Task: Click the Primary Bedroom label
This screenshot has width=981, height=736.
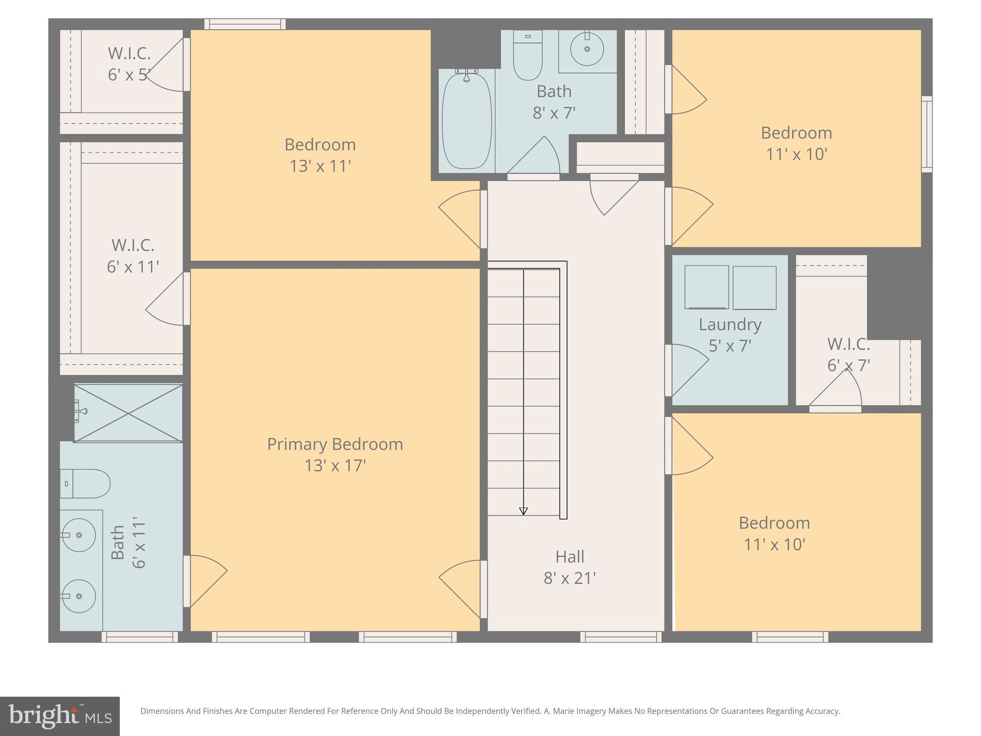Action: point(335,444)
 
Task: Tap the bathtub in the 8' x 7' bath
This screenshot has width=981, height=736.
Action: point(467,121)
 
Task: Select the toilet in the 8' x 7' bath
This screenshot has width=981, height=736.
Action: point(527,56)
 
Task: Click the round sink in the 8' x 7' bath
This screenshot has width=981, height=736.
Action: point(587,49)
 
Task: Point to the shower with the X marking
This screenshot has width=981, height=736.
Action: point(128,413)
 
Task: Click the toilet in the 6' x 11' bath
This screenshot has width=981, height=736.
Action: point(85,483)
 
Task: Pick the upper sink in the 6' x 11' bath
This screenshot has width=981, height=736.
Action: point(80,535)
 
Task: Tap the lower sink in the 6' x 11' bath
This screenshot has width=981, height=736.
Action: point(80,596)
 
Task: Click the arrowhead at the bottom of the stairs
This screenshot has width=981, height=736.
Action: point(524,511)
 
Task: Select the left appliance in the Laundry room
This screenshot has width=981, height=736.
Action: point(707,287)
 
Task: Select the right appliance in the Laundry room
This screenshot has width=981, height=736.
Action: point(754,287)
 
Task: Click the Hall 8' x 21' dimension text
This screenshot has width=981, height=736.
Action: point(570,578)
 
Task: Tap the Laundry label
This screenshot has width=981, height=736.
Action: point(730,324)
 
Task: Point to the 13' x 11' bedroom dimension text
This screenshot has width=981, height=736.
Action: point(320,166)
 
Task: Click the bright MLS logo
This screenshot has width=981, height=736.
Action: point(60,716)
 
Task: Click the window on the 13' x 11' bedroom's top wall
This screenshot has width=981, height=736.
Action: point(245,24)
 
